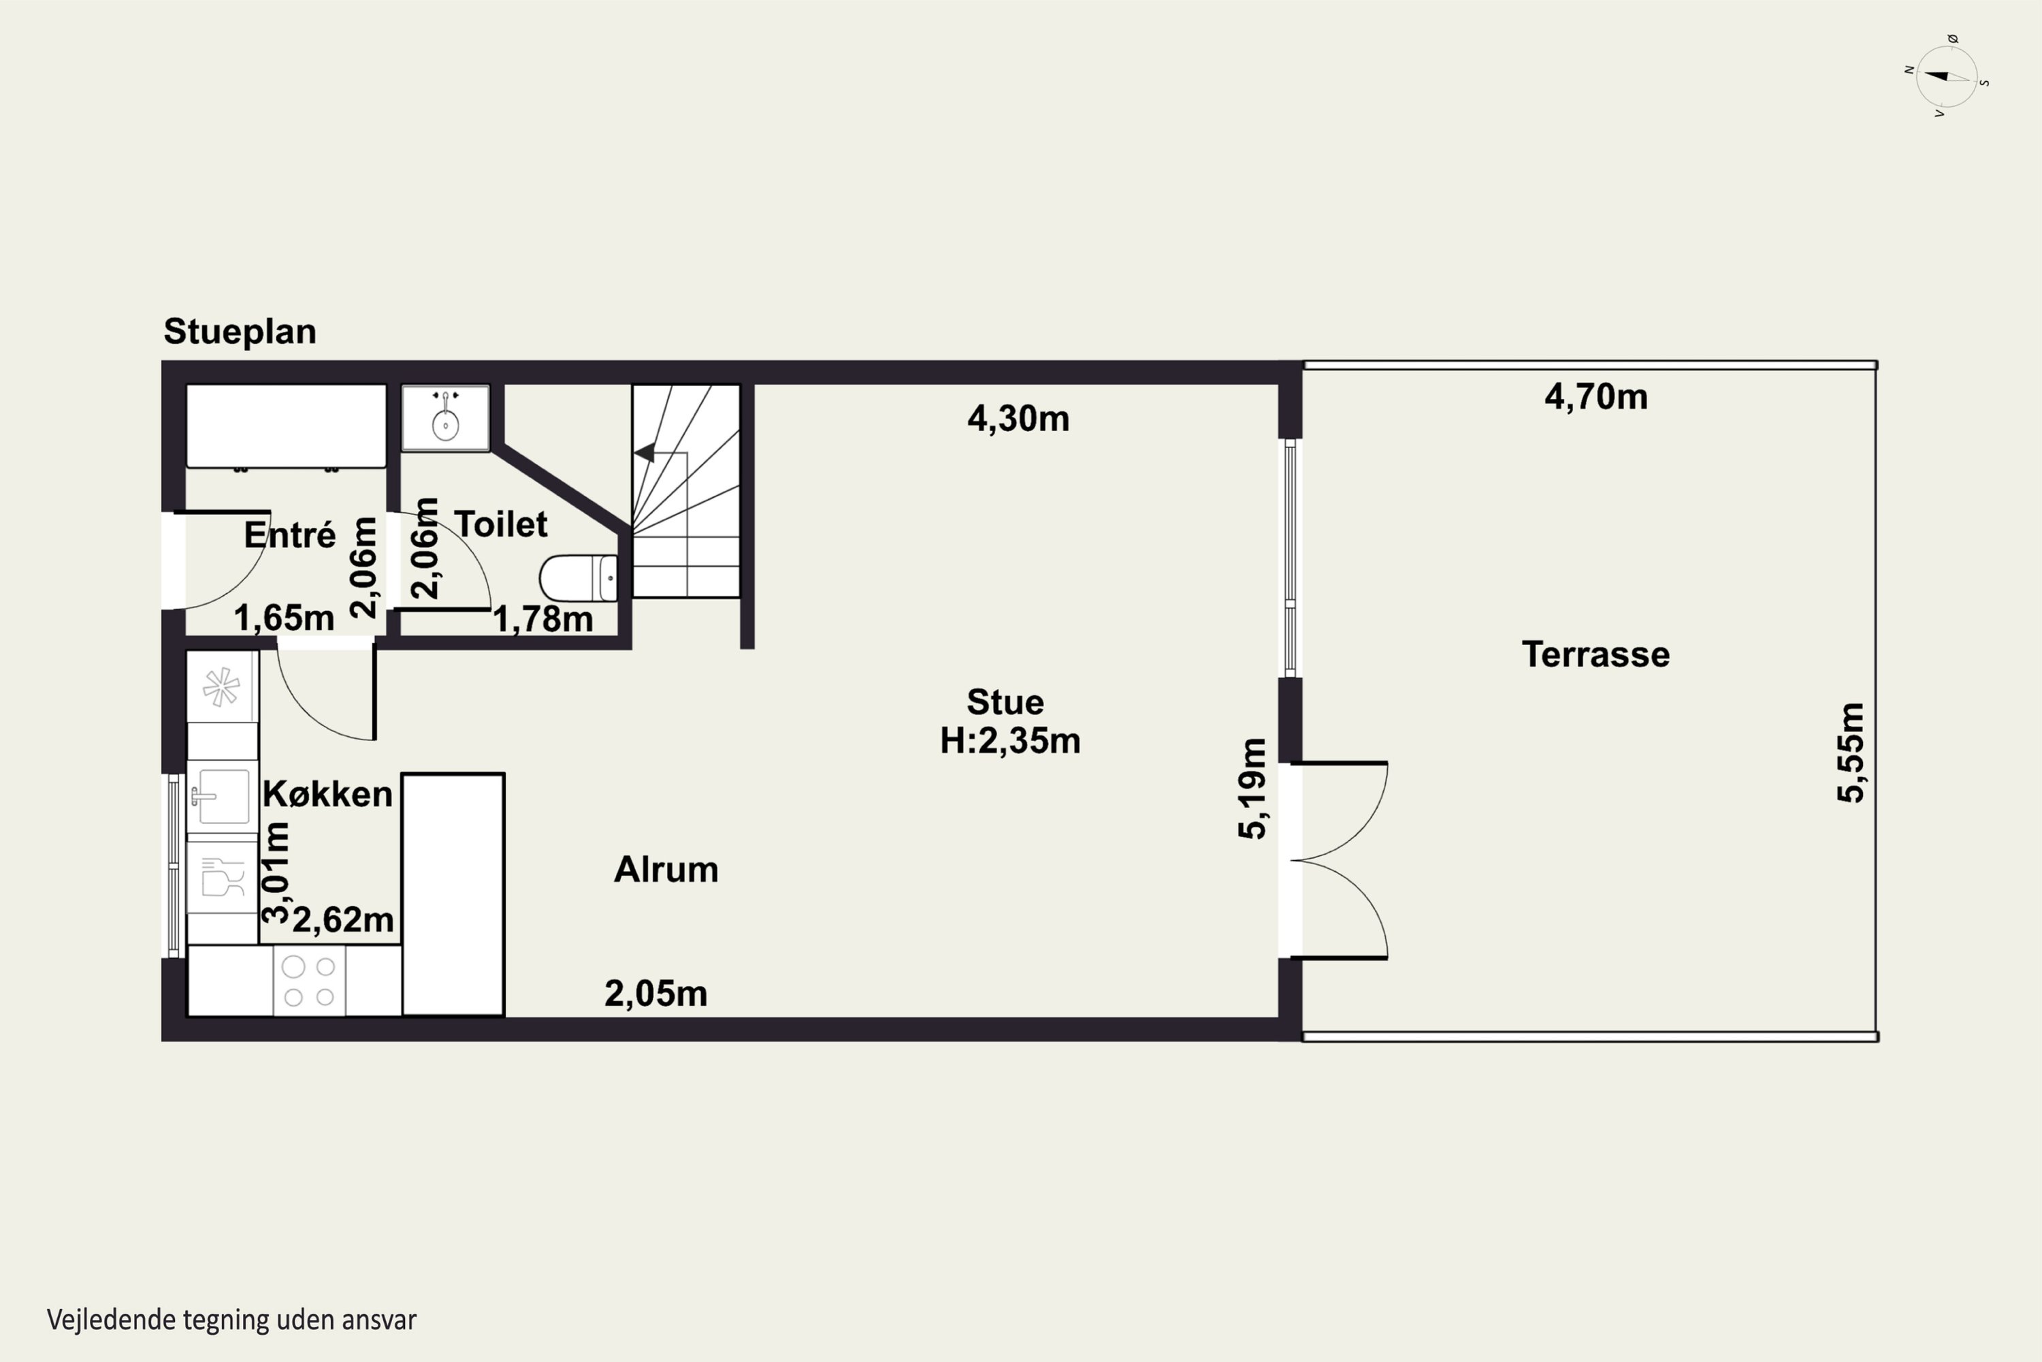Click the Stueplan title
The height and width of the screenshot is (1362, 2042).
coord(240,332)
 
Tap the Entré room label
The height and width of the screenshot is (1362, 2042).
coord(289,534)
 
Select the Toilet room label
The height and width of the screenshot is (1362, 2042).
coord(501,524)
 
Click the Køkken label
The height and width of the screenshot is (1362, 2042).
coord(327,793)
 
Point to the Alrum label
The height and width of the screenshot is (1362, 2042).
coord(666,870)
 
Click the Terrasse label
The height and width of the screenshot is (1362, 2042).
coord(1595,654)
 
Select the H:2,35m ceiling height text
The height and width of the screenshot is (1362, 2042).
coord(1009,741)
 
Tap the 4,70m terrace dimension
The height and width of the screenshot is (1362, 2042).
coord(1595,397)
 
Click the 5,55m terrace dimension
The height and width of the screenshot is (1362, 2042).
coord(1850,753)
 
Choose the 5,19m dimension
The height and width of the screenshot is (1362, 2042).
coord(1252,788)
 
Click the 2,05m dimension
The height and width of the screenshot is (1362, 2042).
coord(655,994)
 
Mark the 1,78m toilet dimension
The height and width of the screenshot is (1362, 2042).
coord(542,619)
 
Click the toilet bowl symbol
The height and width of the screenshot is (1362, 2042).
coord(578,577)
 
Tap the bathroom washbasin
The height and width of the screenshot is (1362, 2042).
coord(445,418)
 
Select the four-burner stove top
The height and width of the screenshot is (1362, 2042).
coord(309,981)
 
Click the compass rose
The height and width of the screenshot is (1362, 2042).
coord(1947,76)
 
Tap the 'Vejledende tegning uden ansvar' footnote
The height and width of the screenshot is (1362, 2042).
coord(232,1320)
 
